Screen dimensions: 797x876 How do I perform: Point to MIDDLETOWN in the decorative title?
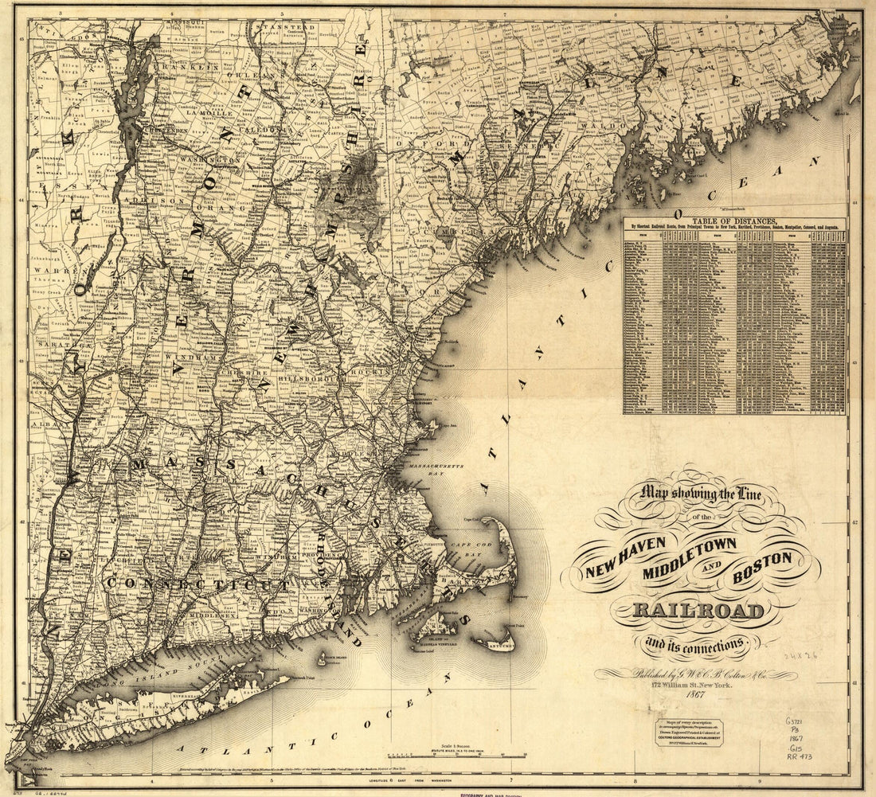(x=690, y=547)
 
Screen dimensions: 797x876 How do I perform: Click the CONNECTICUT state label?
(x=198, y=584)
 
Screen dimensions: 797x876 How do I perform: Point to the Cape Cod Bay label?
(x=479, y=548)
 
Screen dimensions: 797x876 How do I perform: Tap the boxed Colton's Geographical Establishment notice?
(x=690, y=734)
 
